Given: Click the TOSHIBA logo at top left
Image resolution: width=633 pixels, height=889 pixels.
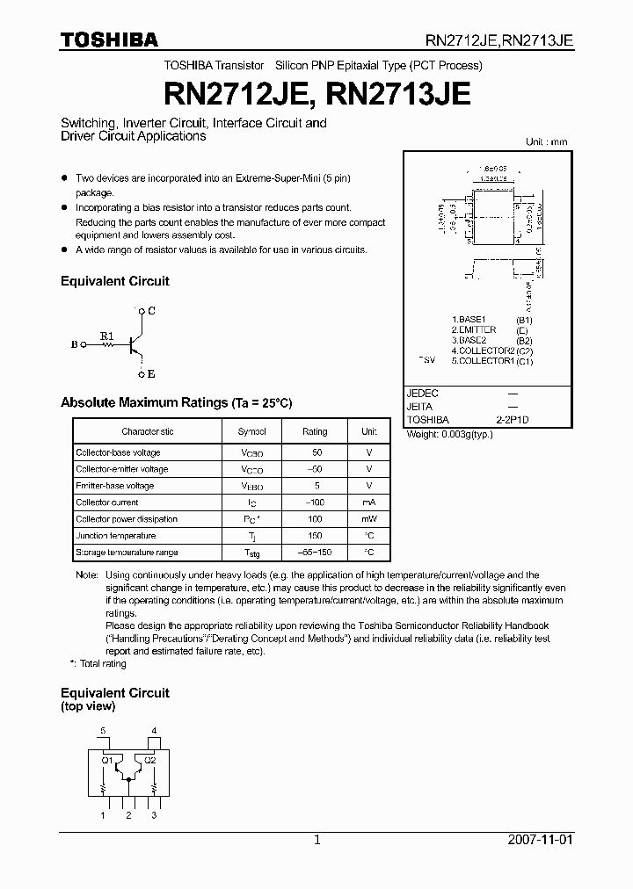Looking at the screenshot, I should [x=109, y=39].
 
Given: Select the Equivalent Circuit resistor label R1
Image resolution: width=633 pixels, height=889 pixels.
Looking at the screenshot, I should [x=106, y=336].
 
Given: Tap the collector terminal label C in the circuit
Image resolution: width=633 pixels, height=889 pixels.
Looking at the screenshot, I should [x=151, y=311].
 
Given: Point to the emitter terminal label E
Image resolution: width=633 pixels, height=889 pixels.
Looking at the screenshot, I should [x=151, y=374].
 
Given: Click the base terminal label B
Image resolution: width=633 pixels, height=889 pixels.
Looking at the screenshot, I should [x=74, y=345].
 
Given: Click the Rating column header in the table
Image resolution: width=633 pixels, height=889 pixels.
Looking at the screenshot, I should [x=315, y=431].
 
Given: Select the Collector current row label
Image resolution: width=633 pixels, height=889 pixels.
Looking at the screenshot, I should [x=107, y=502].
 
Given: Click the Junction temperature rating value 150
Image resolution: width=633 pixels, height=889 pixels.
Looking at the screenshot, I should [x=315, y=536].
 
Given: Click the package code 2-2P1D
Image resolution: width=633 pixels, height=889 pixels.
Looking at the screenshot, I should [x=513, y=421].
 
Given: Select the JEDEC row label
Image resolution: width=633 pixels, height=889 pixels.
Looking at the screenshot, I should [x=423, y=394].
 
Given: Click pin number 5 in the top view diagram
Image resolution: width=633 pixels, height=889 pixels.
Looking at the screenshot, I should [x=103, y=731].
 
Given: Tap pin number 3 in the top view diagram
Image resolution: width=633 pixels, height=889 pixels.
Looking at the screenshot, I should [x=154, y=816].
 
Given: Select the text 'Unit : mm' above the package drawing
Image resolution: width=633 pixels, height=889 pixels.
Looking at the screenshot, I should [x=547, y=141].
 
